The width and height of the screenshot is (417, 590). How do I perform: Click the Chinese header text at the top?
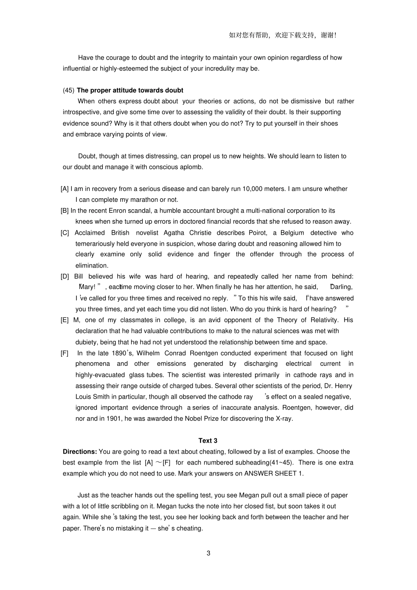click(x=282, y=36)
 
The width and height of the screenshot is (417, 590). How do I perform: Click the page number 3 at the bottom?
click(x=208, y=553)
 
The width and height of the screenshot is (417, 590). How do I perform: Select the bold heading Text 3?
click(x=208, y=440)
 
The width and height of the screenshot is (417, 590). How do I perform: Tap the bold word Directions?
click(x=79, y=451)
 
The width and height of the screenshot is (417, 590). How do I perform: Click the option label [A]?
click(x=65, y=189)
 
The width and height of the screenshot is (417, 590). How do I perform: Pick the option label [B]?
click(x=65, y=211)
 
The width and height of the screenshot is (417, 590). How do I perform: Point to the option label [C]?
click(x=65, y=232)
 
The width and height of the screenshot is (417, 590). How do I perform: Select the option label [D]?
click(x=65, y=276)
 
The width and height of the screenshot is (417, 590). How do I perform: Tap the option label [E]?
click(x=65, y=320)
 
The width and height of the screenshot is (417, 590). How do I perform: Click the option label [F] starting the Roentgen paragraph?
click(x=65, y=353)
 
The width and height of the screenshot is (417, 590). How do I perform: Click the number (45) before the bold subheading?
click(x=68, y=90)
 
